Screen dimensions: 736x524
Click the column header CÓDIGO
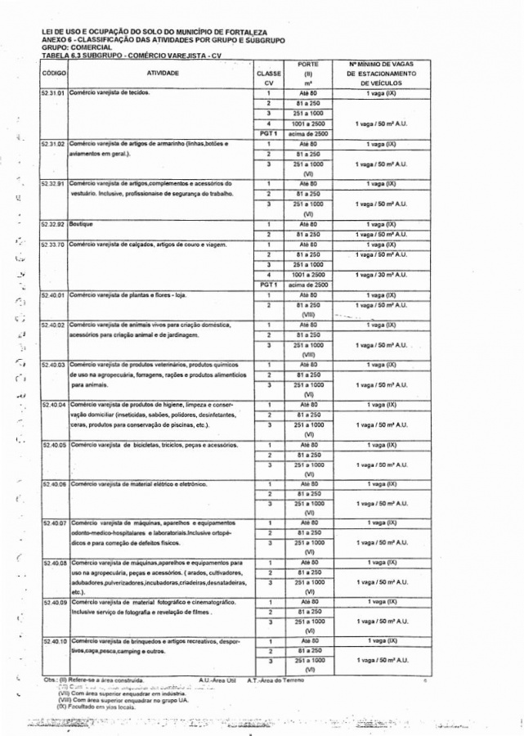53,73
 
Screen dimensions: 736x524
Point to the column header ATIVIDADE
162,73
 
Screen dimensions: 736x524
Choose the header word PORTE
308,63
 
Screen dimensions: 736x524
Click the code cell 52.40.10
54,641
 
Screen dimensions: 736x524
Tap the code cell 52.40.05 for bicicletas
54,445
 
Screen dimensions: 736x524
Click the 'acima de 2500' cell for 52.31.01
308,133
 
